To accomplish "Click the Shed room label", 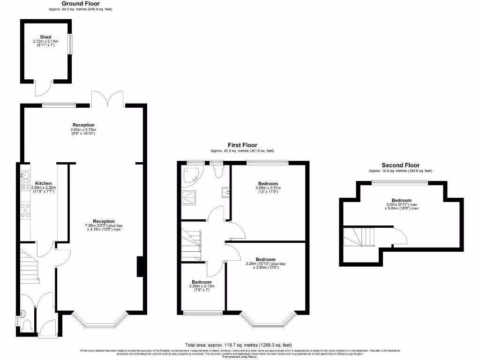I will (x=45, y=37).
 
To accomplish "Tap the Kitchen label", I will (x=44, y=183).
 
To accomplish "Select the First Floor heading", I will (x=242, y=145).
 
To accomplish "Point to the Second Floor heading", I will (x=400, y=165).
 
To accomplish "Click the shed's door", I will (x=42, y=89).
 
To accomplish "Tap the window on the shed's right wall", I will (x=71, y=44).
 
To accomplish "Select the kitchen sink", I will (x=24, y=177).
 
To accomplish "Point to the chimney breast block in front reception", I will (x=140, y=267).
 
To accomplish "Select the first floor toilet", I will (x=217, y=171).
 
